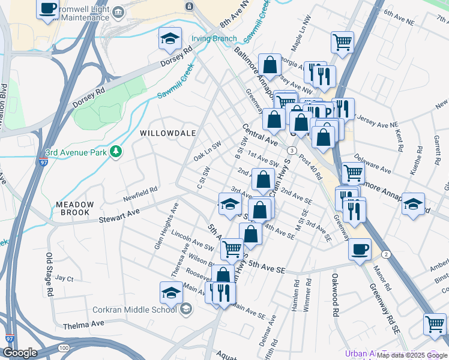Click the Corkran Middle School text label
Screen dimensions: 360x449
point(134,310)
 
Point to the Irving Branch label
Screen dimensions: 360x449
point(214,39)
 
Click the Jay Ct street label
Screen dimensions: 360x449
point(64,279)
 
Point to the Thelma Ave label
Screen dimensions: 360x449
point(83,325)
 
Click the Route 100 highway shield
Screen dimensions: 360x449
point(64,348)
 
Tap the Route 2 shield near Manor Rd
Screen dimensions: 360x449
point(385,254)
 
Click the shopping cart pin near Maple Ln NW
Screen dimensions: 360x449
point(342,42)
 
